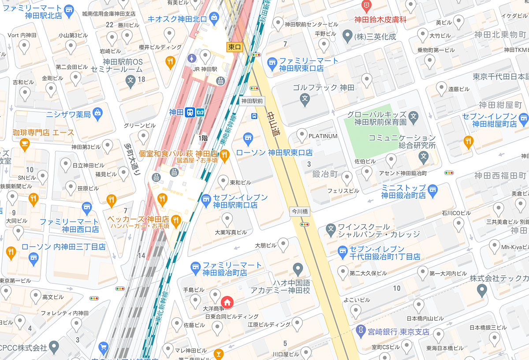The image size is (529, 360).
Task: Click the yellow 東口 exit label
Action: (x=235, y=47)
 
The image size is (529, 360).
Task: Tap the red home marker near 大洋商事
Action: (x=227, y=303)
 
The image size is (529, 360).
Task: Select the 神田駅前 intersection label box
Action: (x=252, y=101)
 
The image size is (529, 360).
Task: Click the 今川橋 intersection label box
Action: (x=300, y=211)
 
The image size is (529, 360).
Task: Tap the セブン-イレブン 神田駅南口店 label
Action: (x=234, y=201)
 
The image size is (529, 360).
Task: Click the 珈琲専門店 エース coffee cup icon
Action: (x=24, y=144)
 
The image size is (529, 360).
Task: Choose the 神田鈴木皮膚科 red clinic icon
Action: (x=366, y=6)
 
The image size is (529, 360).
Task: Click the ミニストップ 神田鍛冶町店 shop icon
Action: (x=432, y=189)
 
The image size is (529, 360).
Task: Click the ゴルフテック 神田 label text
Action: (x=324, y=88)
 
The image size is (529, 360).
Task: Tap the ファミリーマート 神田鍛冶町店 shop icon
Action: (x=195, y=267)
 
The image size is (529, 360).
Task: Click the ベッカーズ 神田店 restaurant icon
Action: (x=176, y=220)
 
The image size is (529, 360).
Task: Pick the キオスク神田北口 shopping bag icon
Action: (x=214, y=18)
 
